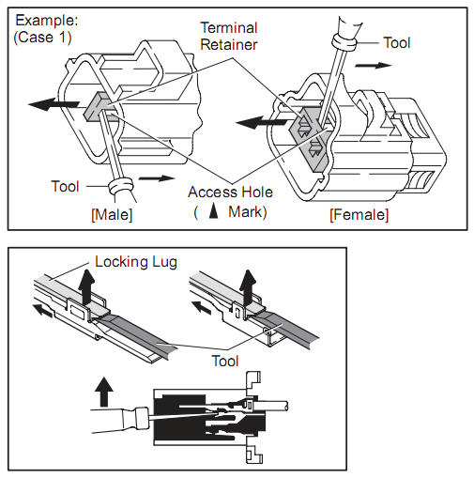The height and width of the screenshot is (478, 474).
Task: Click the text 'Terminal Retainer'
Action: pos(229,36)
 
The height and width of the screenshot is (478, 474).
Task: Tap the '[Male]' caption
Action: pos(112,215)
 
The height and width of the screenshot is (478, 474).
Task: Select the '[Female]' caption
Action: pos(359,215)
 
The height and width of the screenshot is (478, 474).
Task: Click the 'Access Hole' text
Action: pos(230,192)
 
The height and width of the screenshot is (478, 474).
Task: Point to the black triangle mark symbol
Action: pos(213,211)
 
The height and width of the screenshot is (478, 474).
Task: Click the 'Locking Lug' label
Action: pos(136,262)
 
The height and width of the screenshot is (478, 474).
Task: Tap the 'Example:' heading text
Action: pos(47,21)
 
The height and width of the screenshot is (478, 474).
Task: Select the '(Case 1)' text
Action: pos(43,38)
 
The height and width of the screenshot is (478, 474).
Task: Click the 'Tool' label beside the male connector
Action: pos(65,186)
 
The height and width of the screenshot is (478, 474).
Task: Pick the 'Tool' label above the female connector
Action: pos(397,42)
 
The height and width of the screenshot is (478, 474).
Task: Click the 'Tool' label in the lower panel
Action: pos(225,361)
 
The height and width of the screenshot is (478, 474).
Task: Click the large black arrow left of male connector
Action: pos(54,104)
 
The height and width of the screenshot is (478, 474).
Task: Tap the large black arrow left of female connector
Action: pos(261,122)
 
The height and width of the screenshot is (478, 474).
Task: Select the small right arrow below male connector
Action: pos(157,178)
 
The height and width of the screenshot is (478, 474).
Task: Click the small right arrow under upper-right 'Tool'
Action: pos(374,65)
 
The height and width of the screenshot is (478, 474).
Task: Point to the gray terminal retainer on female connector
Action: pos(311,139)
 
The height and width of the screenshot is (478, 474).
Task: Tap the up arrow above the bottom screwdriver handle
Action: pos(104,391)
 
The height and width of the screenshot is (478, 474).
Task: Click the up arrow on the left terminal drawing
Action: pos(86,286)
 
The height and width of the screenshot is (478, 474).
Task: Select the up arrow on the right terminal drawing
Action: pos(248,287)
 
